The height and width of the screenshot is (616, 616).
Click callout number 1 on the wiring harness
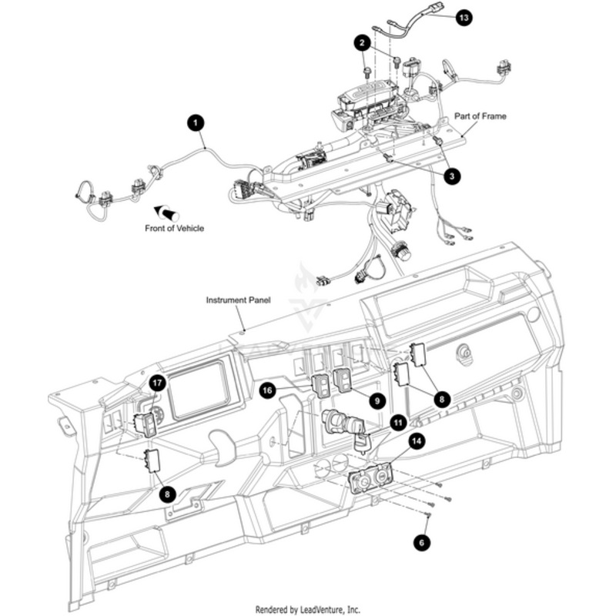point(196,122)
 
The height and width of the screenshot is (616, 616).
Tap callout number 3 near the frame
point(453,176)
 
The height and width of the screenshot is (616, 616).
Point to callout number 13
point(463,18)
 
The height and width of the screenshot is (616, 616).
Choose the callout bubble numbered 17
point(157,383)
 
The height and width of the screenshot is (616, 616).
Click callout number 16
point(267,391)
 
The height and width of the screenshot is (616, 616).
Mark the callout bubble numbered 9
point(377,400)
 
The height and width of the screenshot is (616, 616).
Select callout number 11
point(397,422)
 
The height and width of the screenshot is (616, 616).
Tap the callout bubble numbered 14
point(416,441)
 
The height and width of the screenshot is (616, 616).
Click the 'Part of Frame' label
point(480,116)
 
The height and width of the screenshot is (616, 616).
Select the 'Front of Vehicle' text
point(175,228)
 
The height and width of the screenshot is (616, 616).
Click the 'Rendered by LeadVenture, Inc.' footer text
point(308,608)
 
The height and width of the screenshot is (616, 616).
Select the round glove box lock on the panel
point(464,353)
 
